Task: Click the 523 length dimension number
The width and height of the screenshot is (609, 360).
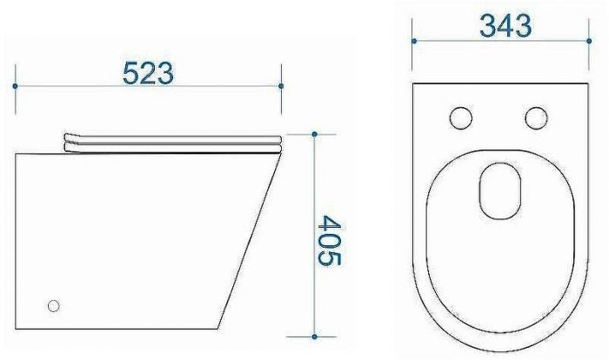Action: click(x=148, y=73)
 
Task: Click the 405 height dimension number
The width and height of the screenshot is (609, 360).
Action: click(x=329, y=241)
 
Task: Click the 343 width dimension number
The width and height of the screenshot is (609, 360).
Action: click(x=505, y=26)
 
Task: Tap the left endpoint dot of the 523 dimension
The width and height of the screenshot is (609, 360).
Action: click(x=15, y=86)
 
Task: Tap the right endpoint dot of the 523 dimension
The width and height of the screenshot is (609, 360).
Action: click(x=281, y=86)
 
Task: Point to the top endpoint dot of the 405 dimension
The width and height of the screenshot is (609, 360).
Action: click(x=315, y=135)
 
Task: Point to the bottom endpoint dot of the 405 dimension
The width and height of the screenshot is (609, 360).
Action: click(x=315, y=337)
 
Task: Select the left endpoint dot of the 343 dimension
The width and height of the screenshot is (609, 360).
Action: click(x=414, y=41)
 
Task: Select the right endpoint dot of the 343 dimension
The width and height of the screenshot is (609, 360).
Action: click(x=589, y=41)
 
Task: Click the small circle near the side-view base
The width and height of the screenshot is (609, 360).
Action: click(x=54, y=306)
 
